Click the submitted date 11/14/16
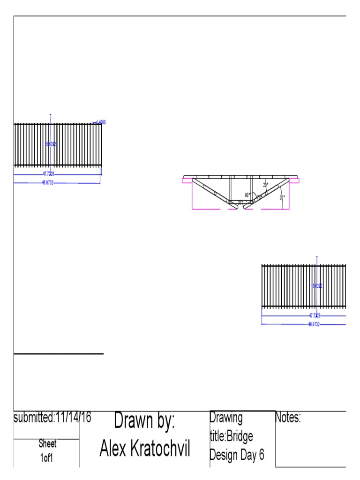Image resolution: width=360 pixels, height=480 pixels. [73, 417]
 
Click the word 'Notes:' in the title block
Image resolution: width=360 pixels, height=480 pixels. [288, 418]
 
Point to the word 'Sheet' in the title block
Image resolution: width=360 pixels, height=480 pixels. [47, 444]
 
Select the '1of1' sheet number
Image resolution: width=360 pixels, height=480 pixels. [46, 457]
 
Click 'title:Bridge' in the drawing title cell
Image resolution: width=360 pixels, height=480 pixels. [232, 436]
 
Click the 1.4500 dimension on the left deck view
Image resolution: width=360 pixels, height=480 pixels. [100, 122]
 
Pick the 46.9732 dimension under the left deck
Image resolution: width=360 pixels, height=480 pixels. [47, 183]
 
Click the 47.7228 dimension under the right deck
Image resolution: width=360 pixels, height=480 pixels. [314, 315]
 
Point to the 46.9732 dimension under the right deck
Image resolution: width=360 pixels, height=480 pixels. [314, 324]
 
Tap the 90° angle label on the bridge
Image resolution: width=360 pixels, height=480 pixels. [247, 195]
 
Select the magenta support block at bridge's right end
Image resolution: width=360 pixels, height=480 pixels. [296, 179]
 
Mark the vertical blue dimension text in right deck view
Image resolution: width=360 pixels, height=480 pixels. [317, 286]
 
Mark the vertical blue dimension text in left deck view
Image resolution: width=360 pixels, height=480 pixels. [50, 144]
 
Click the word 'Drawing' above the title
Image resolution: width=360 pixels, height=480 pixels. [226, 417]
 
